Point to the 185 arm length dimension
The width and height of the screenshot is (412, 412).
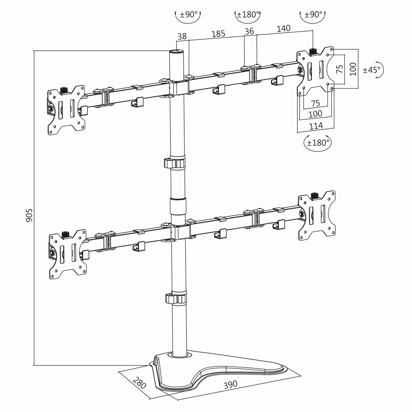tap(218, 34)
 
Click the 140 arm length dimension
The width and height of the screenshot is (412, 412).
tap(283, 28)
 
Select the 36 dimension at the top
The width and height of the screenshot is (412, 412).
tap(249, 31)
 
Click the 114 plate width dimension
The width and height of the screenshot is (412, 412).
tap(316, 125)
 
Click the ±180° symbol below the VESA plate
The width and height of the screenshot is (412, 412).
tap(317, 143)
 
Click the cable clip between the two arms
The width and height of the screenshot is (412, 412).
tap(175, 163)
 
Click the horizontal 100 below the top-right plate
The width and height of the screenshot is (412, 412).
tap(316, 113)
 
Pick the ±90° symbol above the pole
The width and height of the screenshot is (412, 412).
tap(187, 15)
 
